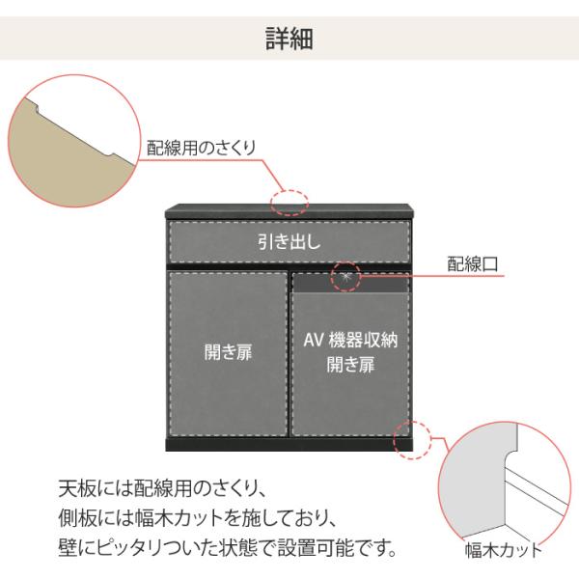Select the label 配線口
pos(477,262)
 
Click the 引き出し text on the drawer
pos(289,241)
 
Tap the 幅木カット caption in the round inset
pos(503,552)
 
